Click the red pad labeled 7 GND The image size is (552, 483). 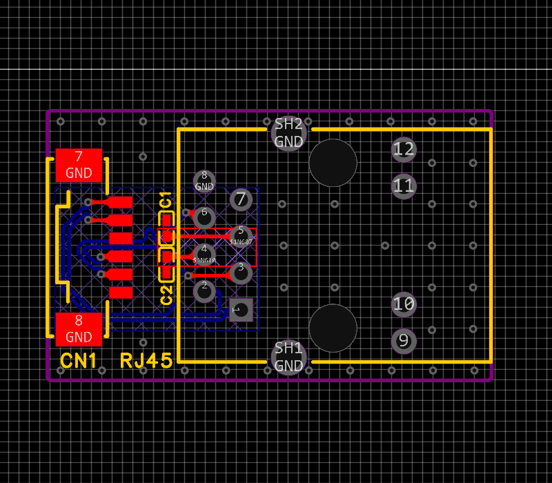coord(79,166)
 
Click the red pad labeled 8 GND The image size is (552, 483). coord(79,329)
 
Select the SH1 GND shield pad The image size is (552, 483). coord(288,356)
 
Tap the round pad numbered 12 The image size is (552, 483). coord(404,149)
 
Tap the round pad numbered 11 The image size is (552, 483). coord(404,186)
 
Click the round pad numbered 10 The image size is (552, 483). coord(404,304)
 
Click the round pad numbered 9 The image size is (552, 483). coord(404,341)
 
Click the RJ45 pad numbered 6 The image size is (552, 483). coord(204,217)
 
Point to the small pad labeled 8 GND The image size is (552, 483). coord(204,181)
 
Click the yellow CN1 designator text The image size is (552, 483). coord(79,360)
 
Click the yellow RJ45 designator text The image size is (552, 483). coord(146,360)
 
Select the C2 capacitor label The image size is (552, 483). coord(166,295)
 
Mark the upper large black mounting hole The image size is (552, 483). coord(333,163)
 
